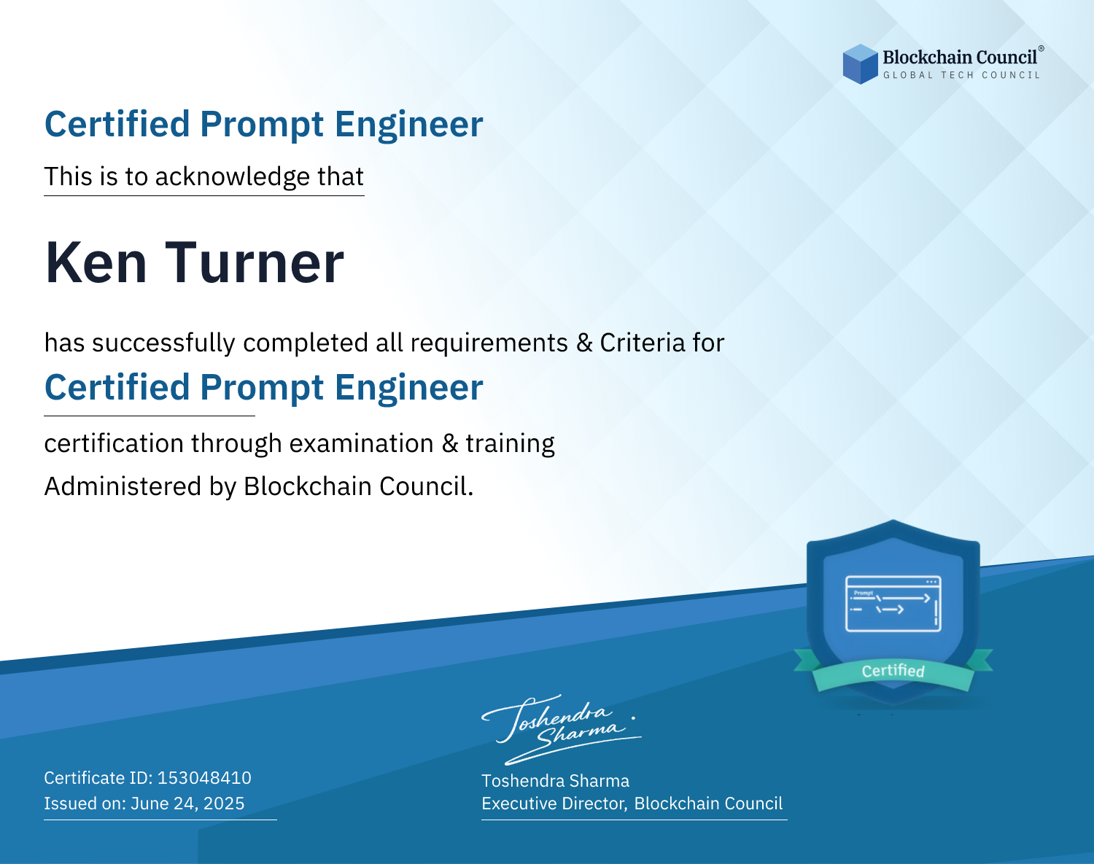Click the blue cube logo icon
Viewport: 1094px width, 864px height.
(860, 64)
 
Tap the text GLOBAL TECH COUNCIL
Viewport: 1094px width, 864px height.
(962, 75)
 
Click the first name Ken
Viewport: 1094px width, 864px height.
(96, 262)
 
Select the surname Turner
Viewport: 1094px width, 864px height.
(255, 262)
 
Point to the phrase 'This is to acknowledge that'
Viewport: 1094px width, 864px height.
(204, 176)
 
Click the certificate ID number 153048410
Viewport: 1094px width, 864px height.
(204, 777)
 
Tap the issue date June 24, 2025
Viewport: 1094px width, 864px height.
(187, 803)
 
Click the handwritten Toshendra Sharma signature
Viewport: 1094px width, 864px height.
(562, 729)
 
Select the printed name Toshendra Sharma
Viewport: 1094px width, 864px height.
(555, 781)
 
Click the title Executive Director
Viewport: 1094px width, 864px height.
(554, 803)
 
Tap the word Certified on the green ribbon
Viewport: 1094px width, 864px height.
(893, 671)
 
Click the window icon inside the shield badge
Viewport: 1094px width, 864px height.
(893, 604)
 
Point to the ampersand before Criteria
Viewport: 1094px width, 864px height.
(585, 343)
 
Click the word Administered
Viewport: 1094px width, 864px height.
(123, 486)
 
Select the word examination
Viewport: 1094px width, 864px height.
(362, 443)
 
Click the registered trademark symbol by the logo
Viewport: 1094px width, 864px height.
(1041, 49)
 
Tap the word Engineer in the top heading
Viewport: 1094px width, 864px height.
(408, 124)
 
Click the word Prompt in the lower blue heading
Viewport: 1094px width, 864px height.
(262, 388)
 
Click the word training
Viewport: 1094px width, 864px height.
(510, 443)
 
